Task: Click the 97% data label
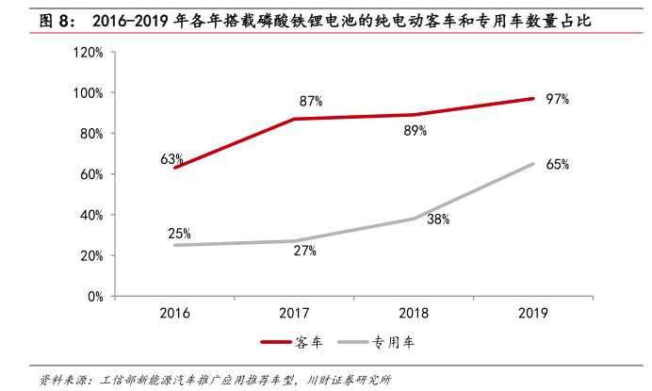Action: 557,99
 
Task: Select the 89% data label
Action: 416,131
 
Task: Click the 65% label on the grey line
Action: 557,164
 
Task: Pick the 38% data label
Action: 438,219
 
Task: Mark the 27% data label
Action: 304,252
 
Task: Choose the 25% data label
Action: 180,233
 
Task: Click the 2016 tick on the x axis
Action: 174,314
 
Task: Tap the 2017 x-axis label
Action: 294,314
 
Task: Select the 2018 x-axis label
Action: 414,314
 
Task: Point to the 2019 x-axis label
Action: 532,314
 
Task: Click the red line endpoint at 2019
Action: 533,98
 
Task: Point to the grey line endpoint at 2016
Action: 174,245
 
